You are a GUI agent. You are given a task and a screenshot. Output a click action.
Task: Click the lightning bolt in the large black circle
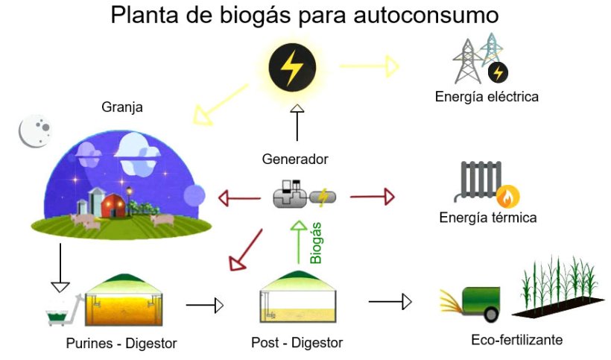point(291,69)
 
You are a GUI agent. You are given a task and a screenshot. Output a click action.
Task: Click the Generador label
point(295,159)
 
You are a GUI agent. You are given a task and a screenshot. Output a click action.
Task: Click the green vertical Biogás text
point(317,241)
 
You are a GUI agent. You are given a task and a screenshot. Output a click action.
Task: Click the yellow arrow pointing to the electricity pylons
point(369,67)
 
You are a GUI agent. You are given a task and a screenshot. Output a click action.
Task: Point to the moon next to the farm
point(34,132)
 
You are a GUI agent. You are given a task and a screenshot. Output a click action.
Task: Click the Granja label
point(121,108)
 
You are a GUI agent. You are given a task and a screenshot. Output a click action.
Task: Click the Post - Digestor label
point(297,343)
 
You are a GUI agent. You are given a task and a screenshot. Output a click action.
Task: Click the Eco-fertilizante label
point(516,341)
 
